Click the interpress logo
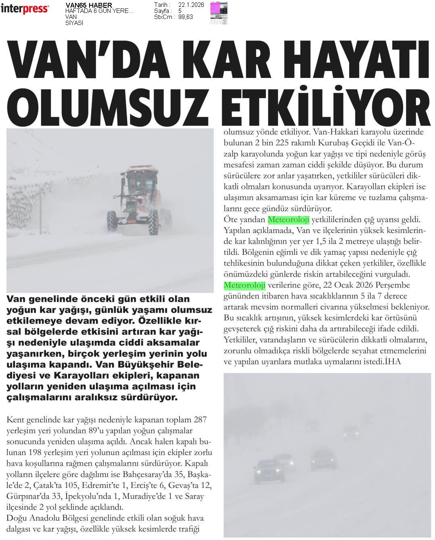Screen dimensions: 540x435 (25, 8)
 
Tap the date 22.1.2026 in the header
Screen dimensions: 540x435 (191, 5)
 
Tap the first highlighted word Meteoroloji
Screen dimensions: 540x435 (288, 220)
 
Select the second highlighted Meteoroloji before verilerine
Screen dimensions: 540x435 (244, 285)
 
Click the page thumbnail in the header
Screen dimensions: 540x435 (218, 13)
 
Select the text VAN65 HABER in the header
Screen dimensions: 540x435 (89, 5)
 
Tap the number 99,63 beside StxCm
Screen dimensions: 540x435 (185, 17)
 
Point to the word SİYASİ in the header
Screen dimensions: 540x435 (74, 23)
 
